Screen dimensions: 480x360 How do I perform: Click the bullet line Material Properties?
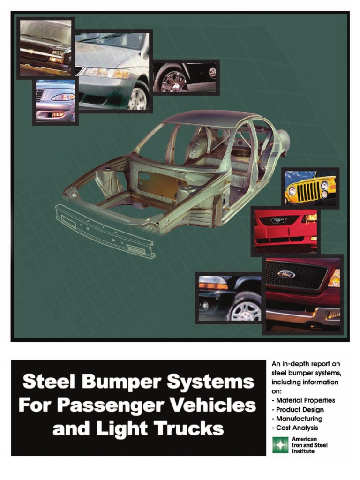pyautogui.click(x=304, y=400)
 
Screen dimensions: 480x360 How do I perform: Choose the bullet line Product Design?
pyautogui.click(x=298, y=409)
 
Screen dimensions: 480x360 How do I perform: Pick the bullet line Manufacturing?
pyautogui.click(x=297, y=419)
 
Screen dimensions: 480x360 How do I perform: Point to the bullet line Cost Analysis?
pyautogui.click(x=295, y=427)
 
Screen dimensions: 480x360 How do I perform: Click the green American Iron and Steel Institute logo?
pyautogui.click(x=280, y=445)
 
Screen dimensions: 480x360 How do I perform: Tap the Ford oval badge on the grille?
pyautogui.click(x=286, y=274)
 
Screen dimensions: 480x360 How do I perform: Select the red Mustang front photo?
pyautogui.click(x=285, y=231)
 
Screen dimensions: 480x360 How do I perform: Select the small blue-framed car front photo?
pyautogui.click(x=55, y=102)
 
